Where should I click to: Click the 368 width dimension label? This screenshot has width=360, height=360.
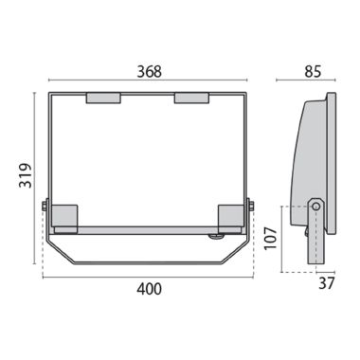[148, 71]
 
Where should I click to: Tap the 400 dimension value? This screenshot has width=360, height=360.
[149, 288]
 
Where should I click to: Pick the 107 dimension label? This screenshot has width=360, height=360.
[271, 236]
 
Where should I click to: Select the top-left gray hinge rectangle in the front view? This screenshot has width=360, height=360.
[103, 97]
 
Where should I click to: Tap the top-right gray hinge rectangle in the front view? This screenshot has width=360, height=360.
[191, 97]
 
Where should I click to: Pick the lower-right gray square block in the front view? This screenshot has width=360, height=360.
[231, 218]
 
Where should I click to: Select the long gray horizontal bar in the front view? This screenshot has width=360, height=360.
[147, 230]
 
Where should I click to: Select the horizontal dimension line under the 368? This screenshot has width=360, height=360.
[148, 82]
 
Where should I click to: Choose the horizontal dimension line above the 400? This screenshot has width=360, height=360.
[148, 277]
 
